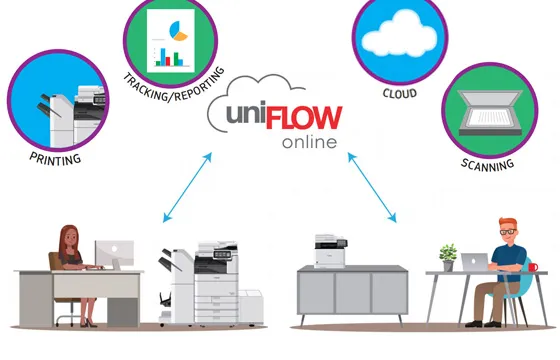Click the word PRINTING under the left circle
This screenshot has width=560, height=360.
[x=54, y=157]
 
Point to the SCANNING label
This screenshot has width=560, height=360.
[x=488, y=162]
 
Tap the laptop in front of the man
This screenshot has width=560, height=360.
[x=475, y=261]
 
